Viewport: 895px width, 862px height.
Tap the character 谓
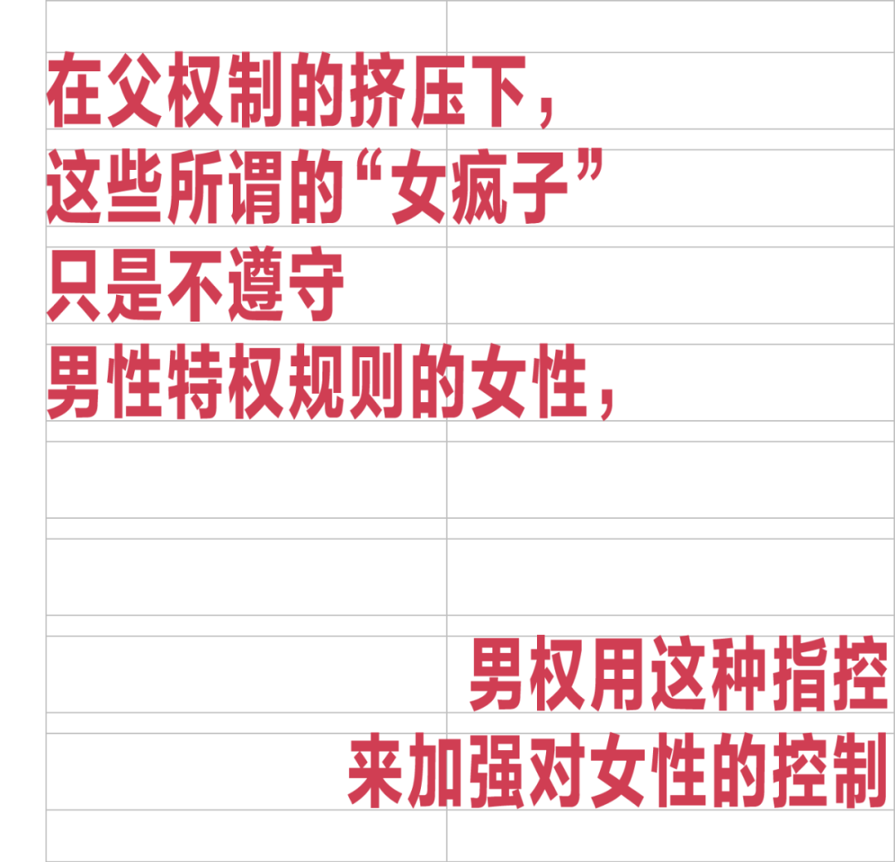258,188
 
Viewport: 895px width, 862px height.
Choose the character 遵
258,285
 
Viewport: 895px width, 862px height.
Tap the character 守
318,285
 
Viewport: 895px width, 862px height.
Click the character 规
318,382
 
